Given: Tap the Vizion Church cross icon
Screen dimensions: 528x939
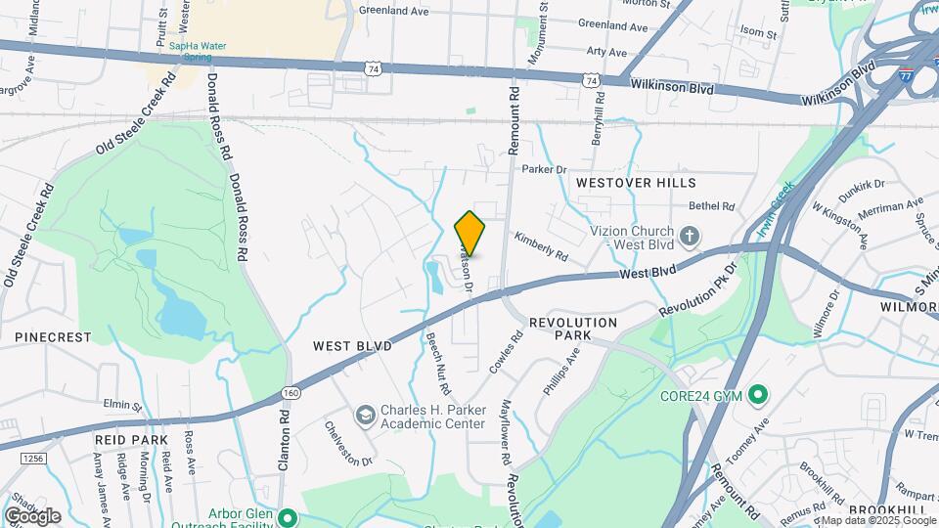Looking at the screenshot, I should point(690,235).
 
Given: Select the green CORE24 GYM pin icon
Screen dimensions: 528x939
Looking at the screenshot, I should point(757,396).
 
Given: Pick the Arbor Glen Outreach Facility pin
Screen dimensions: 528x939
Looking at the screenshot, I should point(288,517).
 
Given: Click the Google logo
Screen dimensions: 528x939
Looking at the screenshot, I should point(32,516).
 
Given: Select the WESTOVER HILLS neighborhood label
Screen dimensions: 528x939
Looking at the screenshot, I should point(636,183).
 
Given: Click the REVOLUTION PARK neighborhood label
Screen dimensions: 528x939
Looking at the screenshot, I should point(573,329).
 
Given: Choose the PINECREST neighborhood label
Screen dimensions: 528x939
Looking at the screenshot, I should point(53,337).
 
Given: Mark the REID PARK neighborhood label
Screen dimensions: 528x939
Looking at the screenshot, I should point(131,441).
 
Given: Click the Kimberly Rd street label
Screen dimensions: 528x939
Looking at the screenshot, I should point(541,245).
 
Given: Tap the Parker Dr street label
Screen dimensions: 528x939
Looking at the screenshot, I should point(545,169).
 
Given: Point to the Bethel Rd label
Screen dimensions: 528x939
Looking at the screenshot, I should point(711,206).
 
